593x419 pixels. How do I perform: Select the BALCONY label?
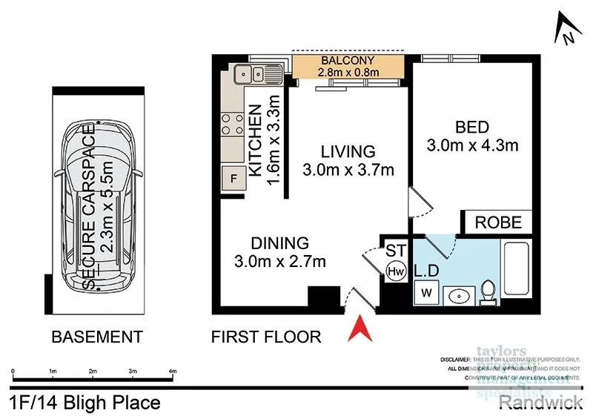pos(348,60)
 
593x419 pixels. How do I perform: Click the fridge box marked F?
pos(233,178)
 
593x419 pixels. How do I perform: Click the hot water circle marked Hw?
pos(394,271)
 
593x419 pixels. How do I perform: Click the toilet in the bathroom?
pos(488,291)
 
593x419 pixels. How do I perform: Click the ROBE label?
pos(498,222)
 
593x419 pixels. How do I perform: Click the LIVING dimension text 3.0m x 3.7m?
pos(348,170)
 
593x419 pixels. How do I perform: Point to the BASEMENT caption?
pos(96,337)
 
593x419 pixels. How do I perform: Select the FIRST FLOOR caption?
pos(266,337)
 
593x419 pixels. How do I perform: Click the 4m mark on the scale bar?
pos(172,372)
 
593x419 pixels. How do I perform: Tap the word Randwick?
pos(540,403)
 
